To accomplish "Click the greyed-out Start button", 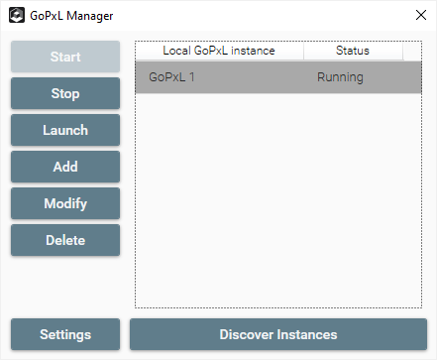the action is [x=65, y=57].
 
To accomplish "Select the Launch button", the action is [x=65, y=130].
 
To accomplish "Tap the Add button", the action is [x=65, y=167].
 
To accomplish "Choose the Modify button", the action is [x=65, y=203].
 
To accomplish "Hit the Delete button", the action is [x=65, y=240].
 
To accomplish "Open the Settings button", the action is [x=65, y=334].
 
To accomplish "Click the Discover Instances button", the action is [x=278, y=334].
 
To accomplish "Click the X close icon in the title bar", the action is [x=421, y=15].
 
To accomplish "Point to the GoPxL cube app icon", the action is [x=17, y=15].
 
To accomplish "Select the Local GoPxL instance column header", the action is [x=219, y=51].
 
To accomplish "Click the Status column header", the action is [x=353, y=51].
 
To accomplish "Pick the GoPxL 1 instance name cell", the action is [x=171, y=77].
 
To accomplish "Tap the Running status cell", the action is [x=340, y=77].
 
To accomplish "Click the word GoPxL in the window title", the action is [x=47, y=16].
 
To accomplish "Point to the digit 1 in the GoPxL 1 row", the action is [x=191, y=77].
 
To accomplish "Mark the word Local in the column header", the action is [x=176, y=51].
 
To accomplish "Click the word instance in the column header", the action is [x=253, y=51].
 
